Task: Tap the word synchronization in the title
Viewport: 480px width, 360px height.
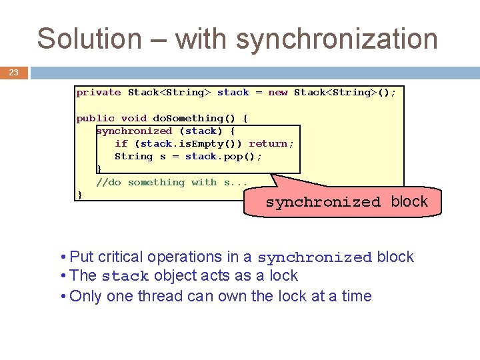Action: pyautogui.click(x=337, y=40)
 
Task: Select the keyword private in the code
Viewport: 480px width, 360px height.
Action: pyautogui.click(x=99, y=93)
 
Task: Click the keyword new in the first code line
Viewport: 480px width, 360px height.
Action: pyautogui.click(x=277, y=93)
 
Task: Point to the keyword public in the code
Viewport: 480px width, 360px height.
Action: pyautogui.click(x=95, y=118)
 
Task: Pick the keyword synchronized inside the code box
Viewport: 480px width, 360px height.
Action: pyautogui.click(x=134, y=131)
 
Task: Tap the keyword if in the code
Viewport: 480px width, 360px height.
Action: pyautogui.click(x=121, y=143)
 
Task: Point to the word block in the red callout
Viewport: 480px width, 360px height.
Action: pyautogui.click(x=409, y=201)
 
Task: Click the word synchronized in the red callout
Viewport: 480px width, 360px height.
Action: pyautogui.click(x=323, y=203)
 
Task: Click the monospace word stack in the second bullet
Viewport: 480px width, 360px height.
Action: pyautogui.click(x=125, y=277)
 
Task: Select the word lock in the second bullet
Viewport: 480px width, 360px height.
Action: pyautogui.click(x=283, y=276)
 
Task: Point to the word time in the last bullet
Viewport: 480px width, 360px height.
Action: pyautogui.click(x=355, y=296)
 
